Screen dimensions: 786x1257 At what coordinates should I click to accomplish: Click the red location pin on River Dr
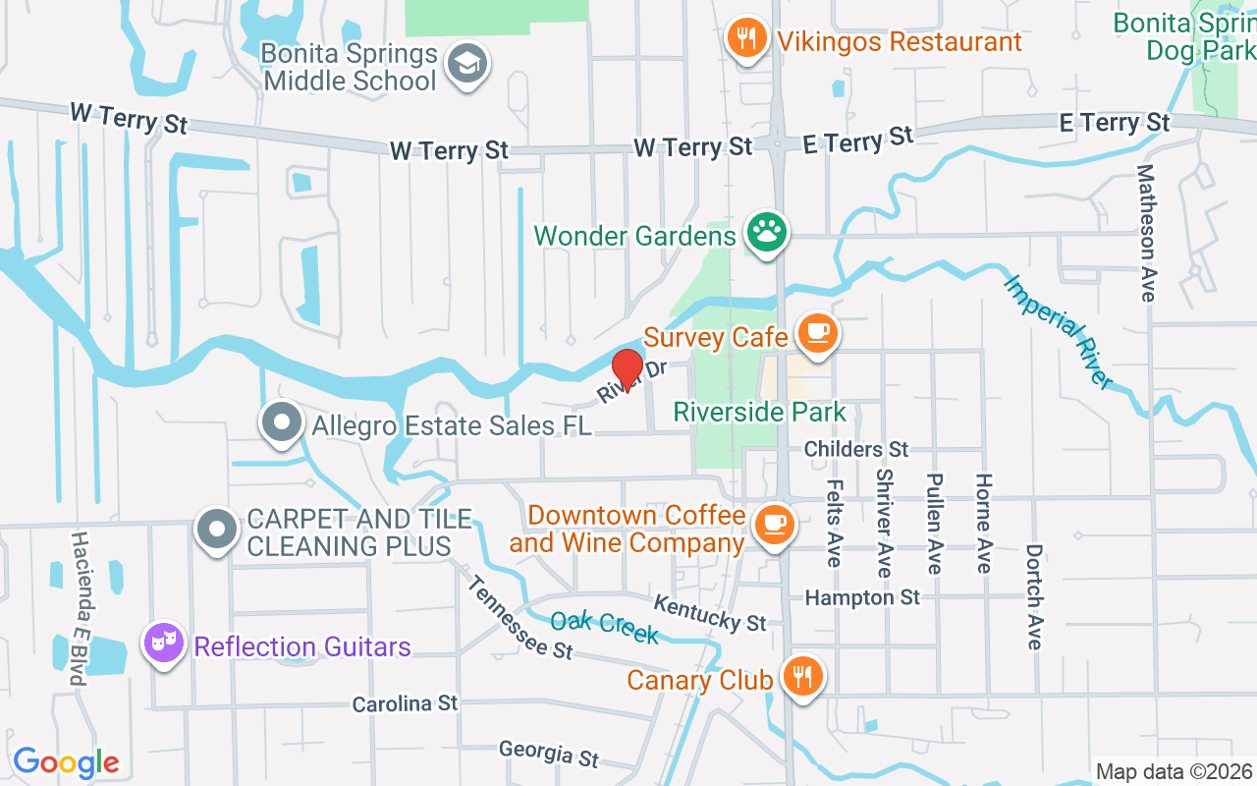pos(628,370)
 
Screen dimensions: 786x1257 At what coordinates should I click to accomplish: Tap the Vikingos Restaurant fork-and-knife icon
pos(747,39)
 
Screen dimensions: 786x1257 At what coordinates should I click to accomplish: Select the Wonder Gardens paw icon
pos(766,233)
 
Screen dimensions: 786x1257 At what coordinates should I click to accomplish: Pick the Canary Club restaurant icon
pos(804,676)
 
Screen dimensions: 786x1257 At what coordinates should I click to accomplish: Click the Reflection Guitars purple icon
pos(164,644)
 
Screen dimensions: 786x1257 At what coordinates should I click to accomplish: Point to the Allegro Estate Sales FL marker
pos(282,423)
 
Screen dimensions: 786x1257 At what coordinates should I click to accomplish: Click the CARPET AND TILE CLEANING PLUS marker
pos(217,530)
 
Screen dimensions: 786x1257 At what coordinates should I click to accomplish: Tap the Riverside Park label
pos(759,412)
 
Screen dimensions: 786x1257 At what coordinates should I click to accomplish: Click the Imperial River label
pos(1059,331)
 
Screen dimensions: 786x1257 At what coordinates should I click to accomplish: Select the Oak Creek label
pos(604,627)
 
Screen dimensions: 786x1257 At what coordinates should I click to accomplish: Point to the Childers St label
pos(856,449)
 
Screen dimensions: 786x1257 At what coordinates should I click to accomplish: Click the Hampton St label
pos(862,597)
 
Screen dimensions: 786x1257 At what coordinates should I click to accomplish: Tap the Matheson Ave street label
pos(1146,233)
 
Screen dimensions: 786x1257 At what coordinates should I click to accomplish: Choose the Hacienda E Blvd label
pos(80,609)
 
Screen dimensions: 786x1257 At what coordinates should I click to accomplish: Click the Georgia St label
pos(548,753)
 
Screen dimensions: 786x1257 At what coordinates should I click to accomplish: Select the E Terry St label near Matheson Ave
pos(1115,123)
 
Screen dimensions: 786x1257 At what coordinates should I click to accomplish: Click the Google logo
pos(66,762)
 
